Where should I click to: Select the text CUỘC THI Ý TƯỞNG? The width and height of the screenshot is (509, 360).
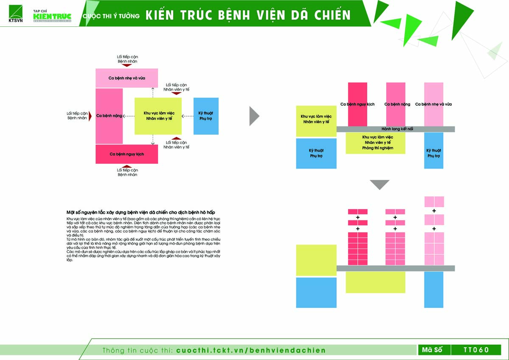(111, 16)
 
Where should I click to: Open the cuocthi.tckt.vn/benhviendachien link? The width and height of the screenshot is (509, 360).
(250, 350)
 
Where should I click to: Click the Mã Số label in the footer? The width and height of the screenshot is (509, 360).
(432, 350)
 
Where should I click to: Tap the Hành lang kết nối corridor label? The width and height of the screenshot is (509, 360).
(397, 129)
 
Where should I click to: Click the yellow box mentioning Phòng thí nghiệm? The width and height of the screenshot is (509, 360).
(375, 143)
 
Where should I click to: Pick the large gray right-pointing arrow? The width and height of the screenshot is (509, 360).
(254, 116)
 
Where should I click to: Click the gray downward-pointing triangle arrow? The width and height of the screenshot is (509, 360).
(379, 185)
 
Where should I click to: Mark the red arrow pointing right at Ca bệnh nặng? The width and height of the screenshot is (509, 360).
(90, 116)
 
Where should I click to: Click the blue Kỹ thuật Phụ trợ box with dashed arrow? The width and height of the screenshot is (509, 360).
(206, 116)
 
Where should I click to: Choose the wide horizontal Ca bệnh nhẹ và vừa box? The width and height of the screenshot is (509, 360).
(127, 78)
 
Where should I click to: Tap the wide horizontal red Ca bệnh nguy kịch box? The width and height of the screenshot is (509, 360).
(127, 154)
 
